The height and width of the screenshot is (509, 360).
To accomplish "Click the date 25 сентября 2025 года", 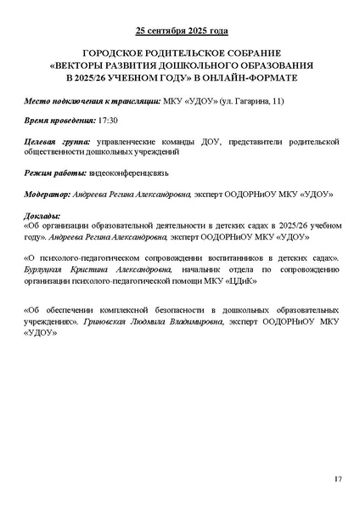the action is pos(180,31).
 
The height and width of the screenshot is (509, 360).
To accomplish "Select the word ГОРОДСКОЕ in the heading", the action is pos(115,53).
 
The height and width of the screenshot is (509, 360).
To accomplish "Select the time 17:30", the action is pos(109,122).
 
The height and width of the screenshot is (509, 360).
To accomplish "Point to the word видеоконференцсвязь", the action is pos(122,172).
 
